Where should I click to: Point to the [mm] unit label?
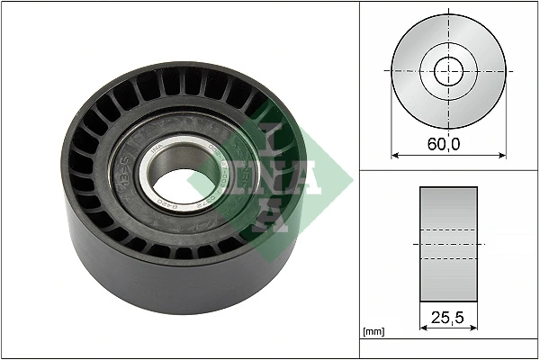[372, 332]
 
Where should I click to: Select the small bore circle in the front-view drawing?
[449, 70]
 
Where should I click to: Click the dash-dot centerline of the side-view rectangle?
[449, 244]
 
